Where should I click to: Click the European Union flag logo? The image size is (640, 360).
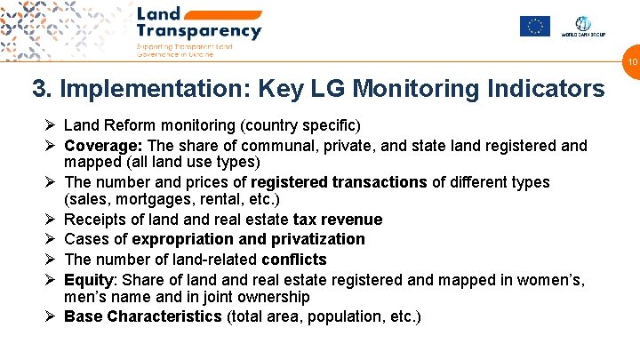click(x=534, y=27)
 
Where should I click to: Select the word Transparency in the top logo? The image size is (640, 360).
click(x=199, y=31)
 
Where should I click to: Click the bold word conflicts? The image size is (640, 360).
click(x=294, y=260)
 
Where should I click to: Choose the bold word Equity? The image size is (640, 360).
click(x=88, y=280)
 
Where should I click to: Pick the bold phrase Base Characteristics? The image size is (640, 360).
click(x=143, y=316)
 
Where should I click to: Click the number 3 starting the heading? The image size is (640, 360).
click(x=39, y=90)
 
